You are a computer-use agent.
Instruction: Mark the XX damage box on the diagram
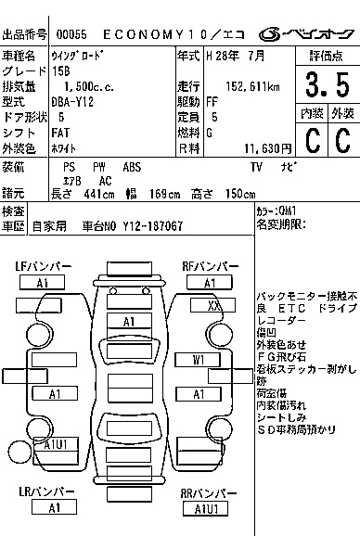point(213,304)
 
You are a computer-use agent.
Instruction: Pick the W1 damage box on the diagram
point(199,359)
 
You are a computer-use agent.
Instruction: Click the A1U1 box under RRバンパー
point(205,509)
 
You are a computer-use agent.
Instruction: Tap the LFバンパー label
point(44,267)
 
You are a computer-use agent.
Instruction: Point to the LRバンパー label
point(45,492)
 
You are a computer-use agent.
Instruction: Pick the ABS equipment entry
point(132,167)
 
